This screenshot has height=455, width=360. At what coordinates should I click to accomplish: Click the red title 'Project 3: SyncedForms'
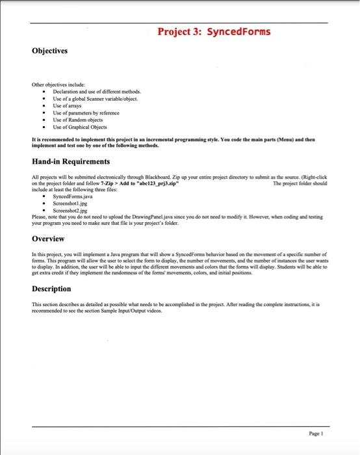214,31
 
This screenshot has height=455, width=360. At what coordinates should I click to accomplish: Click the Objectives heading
52,50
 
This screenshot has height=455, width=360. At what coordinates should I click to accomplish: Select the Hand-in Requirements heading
71,161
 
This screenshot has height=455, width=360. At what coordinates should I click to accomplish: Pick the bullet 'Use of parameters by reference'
86,113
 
